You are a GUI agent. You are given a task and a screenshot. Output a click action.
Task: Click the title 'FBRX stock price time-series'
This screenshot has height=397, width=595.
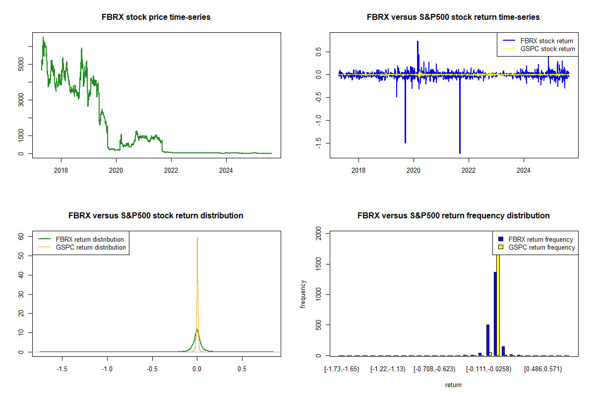click(x=156, y=17)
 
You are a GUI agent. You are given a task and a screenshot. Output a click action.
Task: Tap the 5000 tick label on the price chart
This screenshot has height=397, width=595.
click(x=21, y=65)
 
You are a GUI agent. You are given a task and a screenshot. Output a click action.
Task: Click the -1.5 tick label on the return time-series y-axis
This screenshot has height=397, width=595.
click(x=319, y=143)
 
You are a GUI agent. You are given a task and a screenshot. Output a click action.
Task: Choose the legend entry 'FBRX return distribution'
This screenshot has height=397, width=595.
click(x=90, y=240)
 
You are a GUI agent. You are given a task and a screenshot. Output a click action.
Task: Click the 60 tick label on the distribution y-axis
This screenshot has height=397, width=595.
click(x=21, y=237)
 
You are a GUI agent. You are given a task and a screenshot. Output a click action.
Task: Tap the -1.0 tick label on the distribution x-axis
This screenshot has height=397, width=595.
click(x=107, y=369)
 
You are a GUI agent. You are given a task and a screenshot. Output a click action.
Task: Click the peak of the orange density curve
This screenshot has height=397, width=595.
click(x=197, y=239)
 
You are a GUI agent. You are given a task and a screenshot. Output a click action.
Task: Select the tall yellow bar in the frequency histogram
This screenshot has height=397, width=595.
click(x=498, y=303)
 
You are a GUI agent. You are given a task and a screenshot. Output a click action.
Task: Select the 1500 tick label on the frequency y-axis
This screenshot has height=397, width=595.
click(x=319, y=264)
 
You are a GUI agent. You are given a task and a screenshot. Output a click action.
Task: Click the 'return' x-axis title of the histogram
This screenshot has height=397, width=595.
click(x=453, y=385)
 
